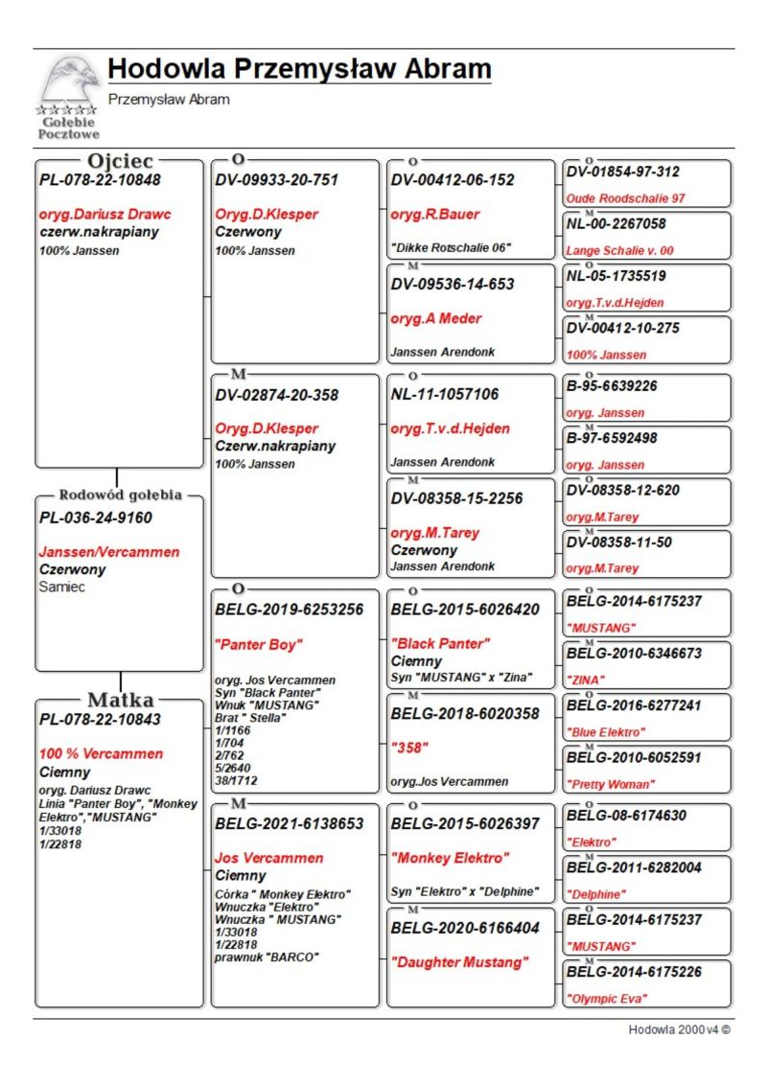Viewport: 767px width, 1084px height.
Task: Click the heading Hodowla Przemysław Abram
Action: point(299,70)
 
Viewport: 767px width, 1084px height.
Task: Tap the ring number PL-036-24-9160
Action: point(96,519)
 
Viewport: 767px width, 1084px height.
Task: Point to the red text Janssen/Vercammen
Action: point(108,552)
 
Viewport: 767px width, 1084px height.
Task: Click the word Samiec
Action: point(62,587)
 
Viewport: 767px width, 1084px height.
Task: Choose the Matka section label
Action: point(121,699)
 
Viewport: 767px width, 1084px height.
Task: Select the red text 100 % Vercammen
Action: point(102,753)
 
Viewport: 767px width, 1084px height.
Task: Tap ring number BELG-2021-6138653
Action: point(290,823)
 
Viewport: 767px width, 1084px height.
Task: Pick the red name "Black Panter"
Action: point(440,643)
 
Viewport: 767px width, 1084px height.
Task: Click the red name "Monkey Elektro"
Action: point(450,858)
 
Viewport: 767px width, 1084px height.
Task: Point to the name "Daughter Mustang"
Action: point(459,962)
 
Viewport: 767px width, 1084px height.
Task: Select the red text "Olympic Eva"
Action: point(607,999)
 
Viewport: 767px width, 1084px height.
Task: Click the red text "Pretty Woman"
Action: point(611,784)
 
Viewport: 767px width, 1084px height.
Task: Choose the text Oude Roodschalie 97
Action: point(625,198)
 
